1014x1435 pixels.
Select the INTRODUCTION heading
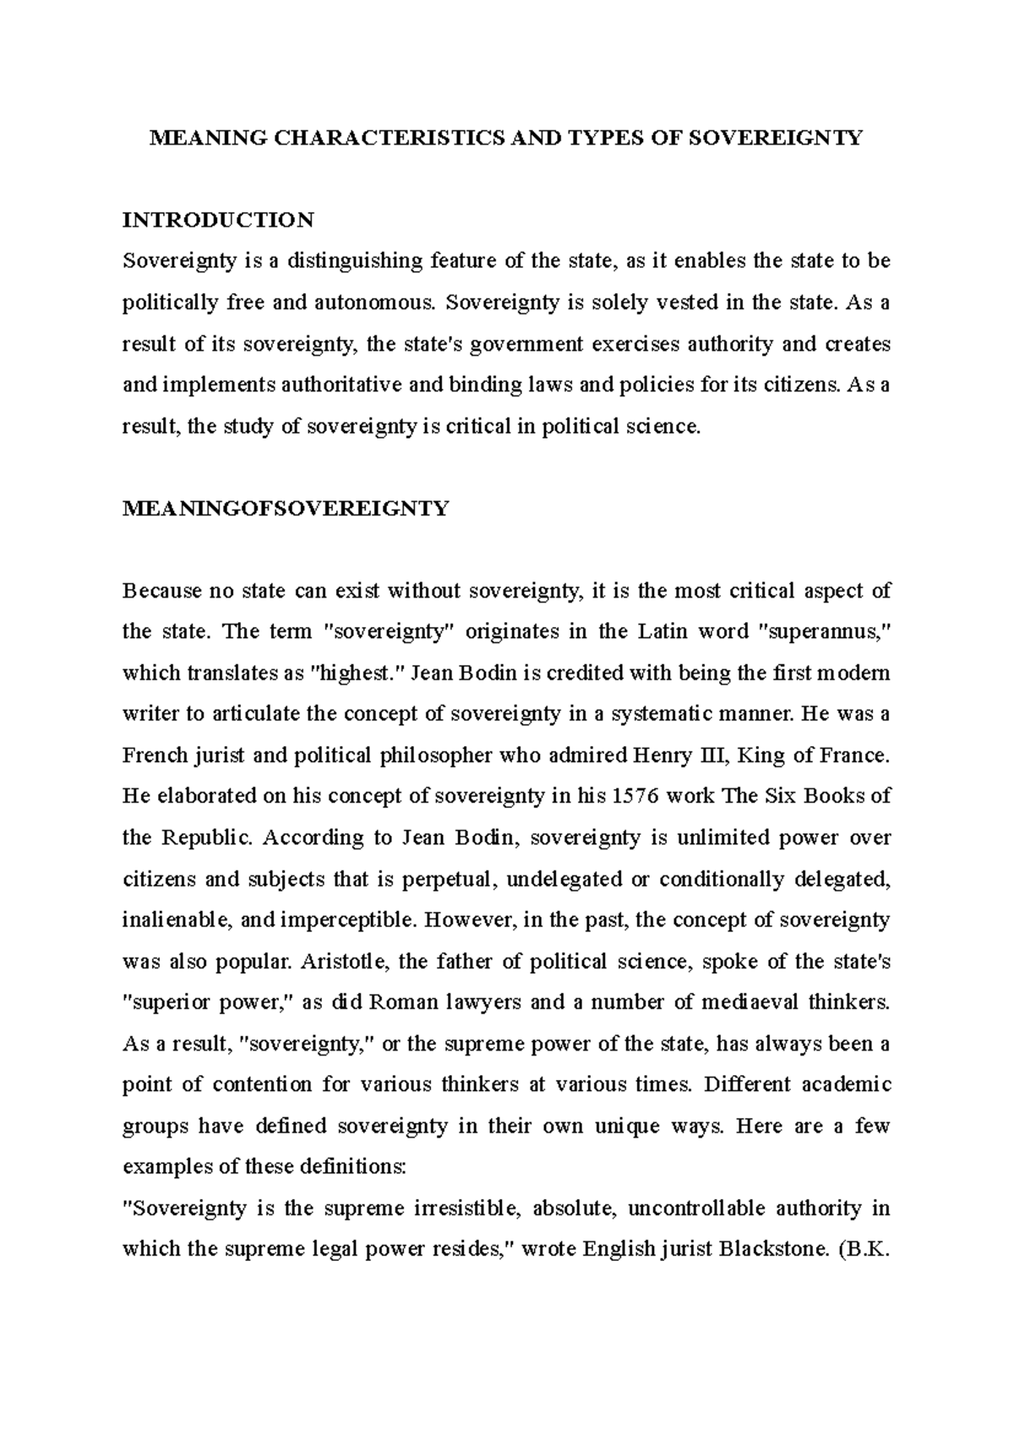pos(218,221)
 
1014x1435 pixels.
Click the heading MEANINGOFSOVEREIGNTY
pos(286,509)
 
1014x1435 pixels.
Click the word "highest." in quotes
pos(361,673)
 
